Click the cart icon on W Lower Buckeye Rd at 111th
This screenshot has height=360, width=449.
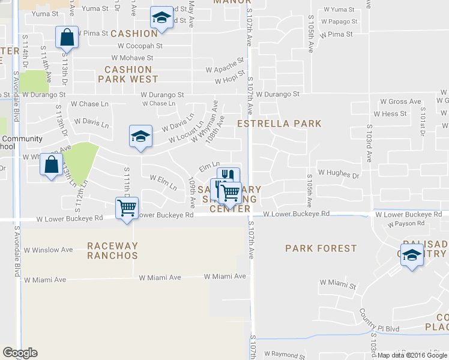(127, 208)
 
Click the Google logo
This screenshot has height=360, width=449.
(20, 353)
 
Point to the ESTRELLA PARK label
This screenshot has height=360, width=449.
(279, 124)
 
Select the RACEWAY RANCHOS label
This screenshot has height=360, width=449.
(112, 251)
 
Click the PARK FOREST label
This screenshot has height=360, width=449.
(321, 248)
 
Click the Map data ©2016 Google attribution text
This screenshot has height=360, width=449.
(412, 355)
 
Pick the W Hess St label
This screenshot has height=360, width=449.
(390, 113)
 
